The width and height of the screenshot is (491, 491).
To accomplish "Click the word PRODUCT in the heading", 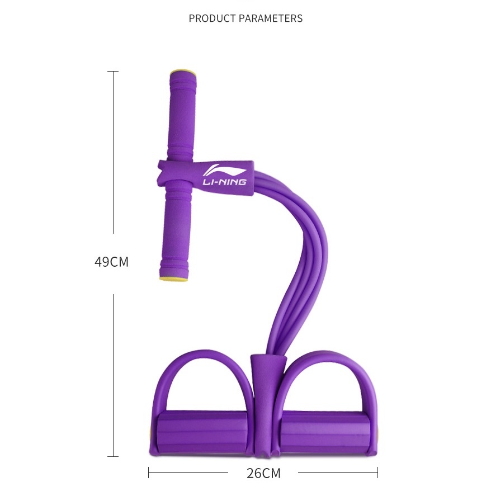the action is tap(212, 18).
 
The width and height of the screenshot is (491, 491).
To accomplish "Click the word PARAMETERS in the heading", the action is tap(271, 18).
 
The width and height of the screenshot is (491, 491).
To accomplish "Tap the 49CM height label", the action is tap(111, 262).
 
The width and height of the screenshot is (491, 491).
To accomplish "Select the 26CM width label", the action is tap(263, 473).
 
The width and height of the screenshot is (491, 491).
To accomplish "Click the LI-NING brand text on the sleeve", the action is tap(224, 182).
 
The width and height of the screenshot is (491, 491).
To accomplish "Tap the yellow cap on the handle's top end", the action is tap(183, 73).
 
